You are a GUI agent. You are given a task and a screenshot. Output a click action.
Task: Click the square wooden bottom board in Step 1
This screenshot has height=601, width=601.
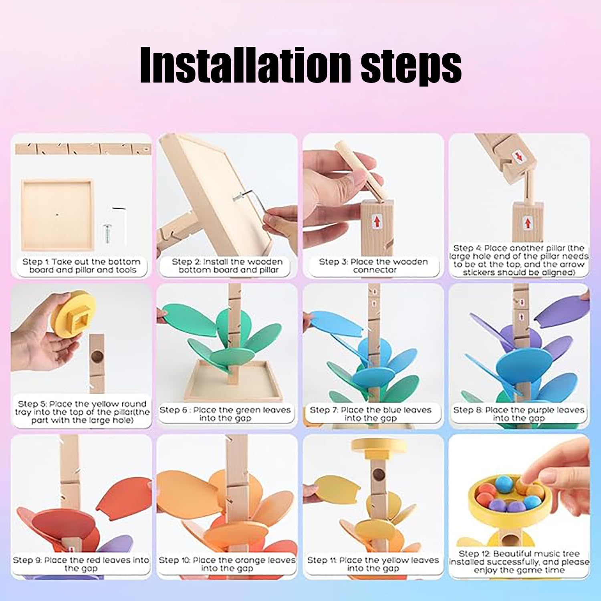(x=56, y=214)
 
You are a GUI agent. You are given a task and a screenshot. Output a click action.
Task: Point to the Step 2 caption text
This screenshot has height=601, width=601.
(x=227, y=266)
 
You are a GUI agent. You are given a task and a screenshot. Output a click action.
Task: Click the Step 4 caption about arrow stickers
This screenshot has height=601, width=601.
(x=519, y=260)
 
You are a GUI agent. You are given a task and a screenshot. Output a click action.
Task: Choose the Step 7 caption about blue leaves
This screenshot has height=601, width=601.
(x=370, y=414)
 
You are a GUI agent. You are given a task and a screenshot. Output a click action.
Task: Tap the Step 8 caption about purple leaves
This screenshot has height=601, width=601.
(x=518, y=414)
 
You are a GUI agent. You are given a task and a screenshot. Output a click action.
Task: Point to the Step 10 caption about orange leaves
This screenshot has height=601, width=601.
(x=227, y=564)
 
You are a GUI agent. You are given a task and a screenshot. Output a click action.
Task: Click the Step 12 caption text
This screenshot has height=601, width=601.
(x=519, y=562)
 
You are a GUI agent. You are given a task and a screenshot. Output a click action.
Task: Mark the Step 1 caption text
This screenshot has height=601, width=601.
(x=82, y=266)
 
